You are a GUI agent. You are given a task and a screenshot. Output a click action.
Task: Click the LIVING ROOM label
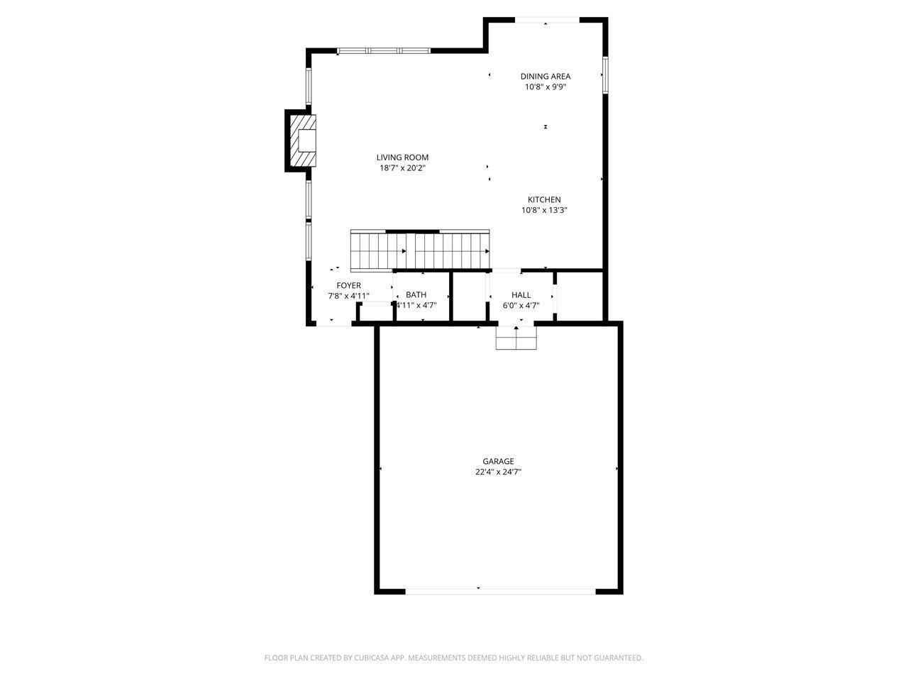point(402,157)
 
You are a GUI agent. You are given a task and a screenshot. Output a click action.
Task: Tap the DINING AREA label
point(545,77)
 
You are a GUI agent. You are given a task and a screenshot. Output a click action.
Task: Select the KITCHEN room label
point(544,200)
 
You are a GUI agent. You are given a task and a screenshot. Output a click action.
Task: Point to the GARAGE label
point(498,461)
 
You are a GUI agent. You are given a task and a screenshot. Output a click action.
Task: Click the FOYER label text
point(348,286)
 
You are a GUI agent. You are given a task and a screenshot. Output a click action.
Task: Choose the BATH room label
point(416,295)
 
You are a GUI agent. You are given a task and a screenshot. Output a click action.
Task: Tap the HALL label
point(521,295)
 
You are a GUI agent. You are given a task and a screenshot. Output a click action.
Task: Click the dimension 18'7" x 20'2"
point(402,168)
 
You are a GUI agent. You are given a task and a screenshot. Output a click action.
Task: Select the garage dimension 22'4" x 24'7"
point(498,472)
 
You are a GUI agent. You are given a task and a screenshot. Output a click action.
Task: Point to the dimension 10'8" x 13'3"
point(544,210)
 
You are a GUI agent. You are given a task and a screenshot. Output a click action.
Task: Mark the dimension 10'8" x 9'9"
point(545,87)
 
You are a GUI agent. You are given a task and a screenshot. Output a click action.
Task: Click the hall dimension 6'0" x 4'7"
point(521,306)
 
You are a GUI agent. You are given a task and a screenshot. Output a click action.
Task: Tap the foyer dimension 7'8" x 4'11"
point(348,296)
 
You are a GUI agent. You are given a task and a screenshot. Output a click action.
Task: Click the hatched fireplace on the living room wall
point(301,140)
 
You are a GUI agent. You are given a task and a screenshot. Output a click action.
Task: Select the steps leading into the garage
point(516,339)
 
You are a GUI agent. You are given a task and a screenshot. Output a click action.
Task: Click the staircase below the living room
point(420,251)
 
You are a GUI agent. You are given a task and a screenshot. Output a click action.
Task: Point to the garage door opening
point(500,590)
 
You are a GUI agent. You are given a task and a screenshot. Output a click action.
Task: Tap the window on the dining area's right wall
point(604,74)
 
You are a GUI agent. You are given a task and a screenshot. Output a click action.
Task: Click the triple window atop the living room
point(383,50)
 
